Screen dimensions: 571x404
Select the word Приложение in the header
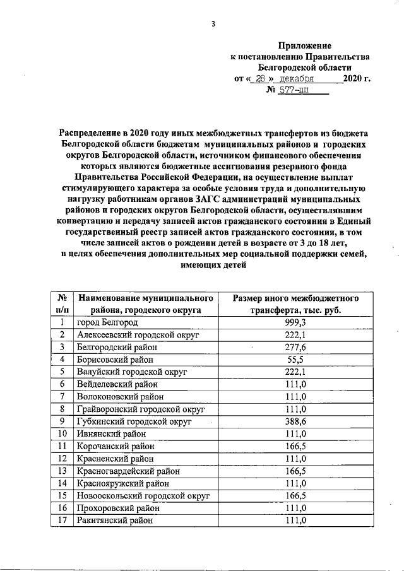coord(305,45)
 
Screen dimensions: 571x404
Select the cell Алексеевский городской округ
coord(138,334)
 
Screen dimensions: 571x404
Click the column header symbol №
coord(62,297)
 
